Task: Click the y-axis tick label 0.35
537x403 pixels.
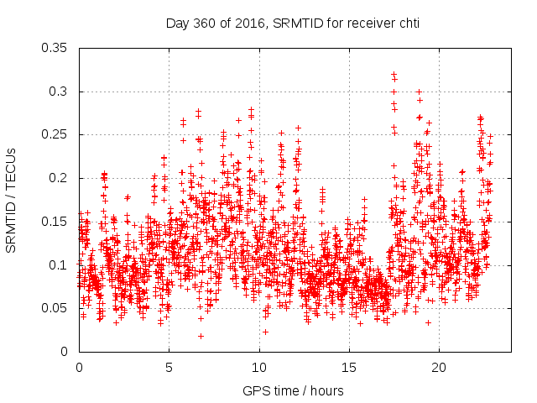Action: point(59,48)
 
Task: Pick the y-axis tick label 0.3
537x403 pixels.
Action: point(62,92)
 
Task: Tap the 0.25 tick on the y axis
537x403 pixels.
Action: point(59,134)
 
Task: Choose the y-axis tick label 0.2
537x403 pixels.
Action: point(62,178)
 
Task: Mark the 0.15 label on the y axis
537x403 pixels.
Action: point(59,222)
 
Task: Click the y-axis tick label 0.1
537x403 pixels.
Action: point(62,264)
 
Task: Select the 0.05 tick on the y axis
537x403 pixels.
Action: point(59,308)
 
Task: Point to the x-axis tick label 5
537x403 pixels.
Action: point(169,368)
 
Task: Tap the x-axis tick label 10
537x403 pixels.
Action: point(258,368)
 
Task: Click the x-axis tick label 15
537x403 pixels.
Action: point(348,368)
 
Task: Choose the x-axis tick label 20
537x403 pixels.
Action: point(438,368)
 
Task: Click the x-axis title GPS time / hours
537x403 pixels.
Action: point(293,390)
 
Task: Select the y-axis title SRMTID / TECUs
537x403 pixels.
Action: point(11,200)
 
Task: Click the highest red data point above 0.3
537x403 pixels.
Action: point(394,75)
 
